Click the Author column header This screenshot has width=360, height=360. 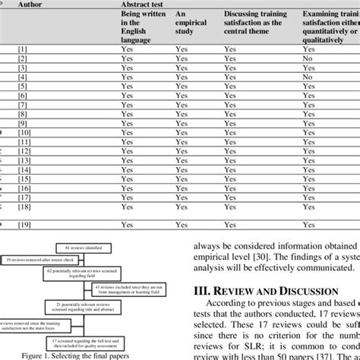[x=35, y=4]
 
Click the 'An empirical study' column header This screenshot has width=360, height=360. [x=190, y=24]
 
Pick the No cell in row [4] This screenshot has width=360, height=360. [x=306, y=77]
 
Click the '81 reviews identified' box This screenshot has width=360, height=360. [x=85, y=248]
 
